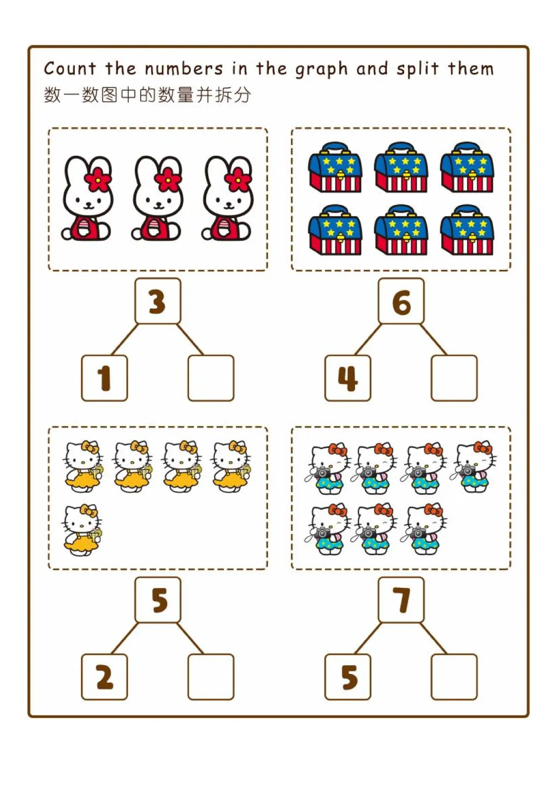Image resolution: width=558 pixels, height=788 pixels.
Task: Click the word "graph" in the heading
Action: [x=320, y=70]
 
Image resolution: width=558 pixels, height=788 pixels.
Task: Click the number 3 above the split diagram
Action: [x=158, y=301]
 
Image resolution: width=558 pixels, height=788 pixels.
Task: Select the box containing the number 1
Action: [x=104, y=378]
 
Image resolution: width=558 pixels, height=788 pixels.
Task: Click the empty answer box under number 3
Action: [x=211, y=378]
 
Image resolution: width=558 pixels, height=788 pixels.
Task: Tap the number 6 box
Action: [x=401, y=301]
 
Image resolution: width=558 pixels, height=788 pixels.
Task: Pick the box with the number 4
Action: [x=348, y=378]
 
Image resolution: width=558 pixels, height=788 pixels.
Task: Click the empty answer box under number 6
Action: [x=454, y=378]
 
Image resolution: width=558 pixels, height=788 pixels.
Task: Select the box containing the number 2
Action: [x=104, y=677]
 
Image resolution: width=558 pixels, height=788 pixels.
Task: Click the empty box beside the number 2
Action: [x=211, y=677]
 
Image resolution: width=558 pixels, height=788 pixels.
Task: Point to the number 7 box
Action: [x=401, y=600]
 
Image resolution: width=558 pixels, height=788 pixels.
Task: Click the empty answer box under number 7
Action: [x=454, y=677]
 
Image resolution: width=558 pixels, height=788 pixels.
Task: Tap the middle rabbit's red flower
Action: [x=168, y=179]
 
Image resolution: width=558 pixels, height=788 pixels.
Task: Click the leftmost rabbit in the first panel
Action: [x=87, y=199]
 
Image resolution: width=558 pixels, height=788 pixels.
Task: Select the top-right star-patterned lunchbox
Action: [x=467, y=168]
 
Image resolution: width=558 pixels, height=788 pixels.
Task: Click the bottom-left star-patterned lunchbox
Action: [x=335, y=231]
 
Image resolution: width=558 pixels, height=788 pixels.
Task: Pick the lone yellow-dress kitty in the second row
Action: [x=82, y=530]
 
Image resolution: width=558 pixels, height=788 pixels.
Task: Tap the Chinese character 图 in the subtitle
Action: [x=109, y=95]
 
